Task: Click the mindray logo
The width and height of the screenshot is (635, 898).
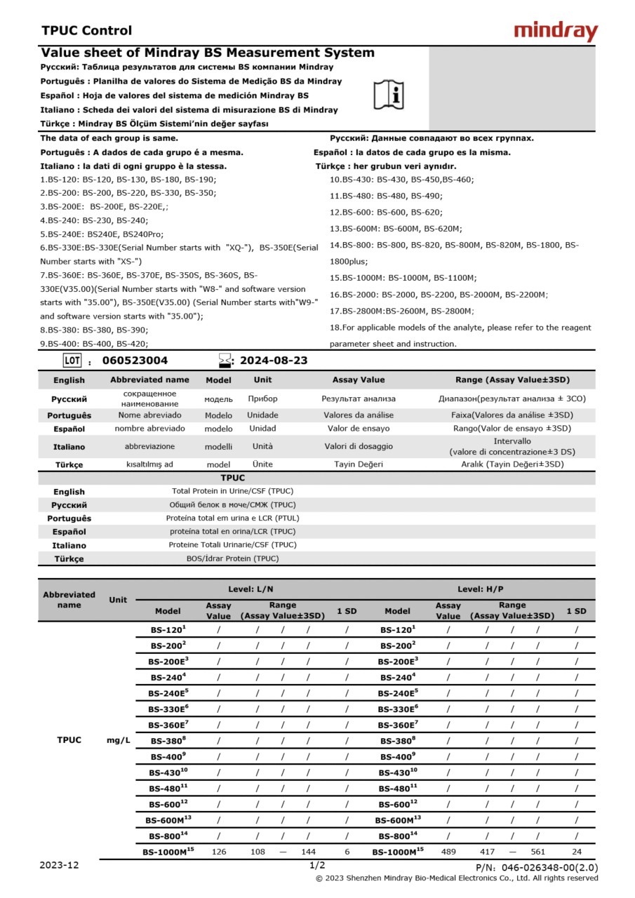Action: pos(556,31)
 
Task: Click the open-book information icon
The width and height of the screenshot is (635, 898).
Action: pos(388,94)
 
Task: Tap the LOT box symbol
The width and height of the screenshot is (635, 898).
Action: pos(72,361)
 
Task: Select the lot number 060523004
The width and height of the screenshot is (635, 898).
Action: pos(135,361)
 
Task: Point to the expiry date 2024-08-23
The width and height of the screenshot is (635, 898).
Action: pos(274,361)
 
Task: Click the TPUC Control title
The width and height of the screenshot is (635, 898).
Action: pos(86,30)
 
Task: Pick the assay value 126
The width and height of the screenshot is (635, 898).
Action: pos(219,852)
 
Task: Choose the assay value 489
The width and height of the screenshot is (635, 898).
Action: pos(448,852)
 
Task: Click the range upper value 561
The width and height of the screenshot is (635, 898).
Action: pos(538,852)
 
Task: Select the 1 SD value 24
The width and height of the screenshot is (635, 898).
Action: pos(577,852)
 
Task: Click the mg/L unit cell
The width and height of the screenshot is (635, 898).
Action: pos(118,740)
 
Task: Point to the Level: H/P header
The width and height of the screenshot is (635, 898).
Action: pos(481,589)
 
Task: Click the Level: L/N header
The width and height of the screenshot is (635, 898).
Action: pos(250,589)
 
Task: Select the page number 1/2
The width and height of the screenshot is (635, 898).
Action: pos(317,865)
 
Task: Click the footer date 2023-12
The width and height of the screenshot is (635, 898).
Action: pos(59,865)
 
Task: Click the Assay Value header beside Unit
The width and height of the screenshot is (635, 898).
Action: pos(359,380)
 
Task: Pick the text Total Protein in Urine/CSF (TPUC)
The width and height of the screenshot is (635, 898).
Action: pos(234,491)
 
